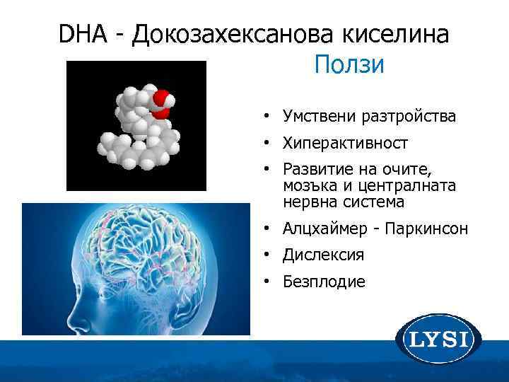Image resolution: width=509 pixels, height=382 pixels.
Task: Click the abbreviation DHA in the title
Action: [78, 35]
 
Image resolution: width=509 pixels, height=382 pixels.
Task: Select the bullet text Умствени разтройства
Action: [369, 115]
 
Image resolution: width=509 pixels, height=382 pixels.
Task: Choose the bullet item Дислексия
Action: [324, 255]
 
